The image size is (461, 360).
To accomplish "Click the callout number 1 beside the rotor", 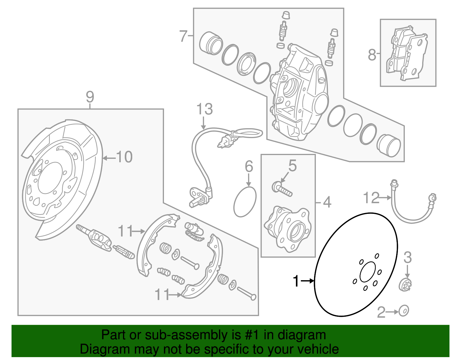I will [296, 281].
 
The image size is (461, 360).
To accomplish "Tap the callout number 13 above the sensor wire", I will [204, 110].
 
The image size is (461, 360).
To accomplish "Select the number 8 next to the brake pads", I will [372, 54].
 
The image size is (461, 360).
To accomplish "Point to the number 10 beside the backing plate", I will [124, 157].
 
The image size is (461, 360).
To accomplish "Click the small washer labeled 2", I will [404, 311].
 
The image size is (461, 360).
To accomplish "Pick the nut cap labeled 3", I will [405, 285].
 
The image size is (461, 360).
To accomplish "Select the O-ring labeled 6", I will [245, 202].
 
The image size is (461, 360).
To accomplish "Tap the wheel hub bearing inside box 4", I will [288, 229].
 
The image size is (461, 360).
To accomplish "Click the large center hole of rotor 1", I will [368, 272].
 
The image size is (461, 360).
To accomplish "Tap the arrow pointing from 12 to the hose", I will [385, 198].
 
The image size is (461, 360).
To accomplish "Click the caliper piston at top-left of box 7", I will [211, 43].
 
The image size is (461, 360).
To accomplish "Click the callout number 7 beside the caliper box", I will [184, 36].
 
